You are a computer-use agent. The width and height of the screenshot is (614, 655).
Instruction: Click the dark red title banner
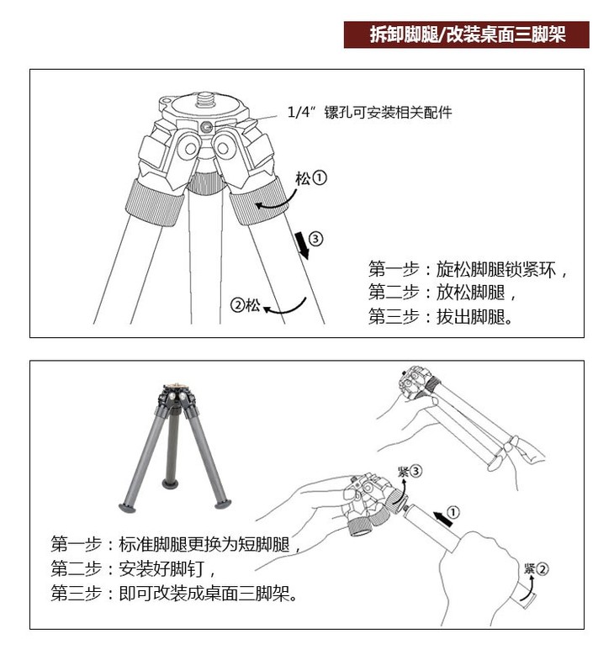pos(466,34)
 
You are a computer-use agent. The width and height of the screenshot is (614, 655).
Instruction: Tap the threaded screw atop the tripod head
pos(204,100)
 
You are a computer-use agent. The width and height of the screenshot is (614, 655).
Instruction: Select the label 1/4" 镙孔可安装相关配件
pos(369,113)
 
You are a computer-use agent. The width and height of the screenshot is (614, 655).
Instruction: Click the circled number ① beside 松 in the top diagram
pos(320,178)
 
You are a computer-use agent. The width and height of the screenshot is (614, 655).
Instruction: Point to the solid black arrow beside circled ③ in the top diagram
pos(302,246)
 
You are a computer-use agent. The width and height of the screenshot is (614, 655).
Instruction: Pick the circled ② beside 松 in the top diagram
pos(237,305)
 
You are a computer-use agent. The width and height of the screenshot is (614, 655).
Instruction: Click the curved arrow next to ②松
pos(284,307)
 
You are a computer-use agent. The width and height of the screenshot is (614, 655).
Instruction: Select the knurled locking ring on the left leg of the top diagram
pos(155,203)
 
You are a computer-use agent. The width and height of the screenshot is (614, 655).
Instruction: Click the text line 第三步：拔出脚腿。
pos(441,317)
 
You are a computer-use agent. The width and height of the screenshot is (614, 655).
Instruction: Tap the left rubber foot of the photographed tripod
pos(127,509)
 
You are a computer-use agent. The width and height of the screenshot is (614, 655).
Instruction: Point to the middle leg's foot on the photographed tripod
pos(170,484)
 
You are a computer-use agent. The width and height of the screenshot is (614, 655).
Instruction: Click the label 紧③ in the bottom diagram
pos(410,472)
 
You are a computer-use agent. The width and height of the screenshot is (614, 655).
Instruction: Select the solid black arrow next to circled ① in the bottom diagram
pos(442,519)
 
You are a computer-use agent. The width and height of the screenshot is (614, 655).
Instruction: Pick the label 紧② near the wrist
pos(537,568)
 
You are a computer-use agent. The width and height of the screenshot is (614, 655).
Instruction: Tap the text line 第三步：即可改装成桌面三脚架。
pos(174,593)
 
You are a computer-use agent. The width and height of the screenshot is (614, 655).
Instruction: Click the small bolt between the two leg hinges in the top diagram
pos(205,127)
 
